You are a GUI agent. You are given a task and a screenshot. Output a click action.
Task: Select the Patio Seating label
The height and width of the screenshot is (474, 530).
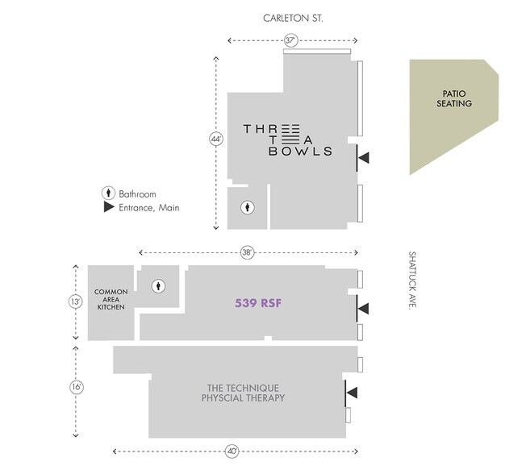pos(454,98)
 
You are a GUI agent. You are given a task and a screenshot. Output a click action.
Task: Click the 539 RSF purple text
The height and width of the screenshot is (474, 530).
pos(257,304)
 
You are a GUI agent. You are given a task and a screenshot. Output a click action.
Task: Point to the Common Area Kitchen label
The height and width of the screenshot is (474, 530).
pos(111,299)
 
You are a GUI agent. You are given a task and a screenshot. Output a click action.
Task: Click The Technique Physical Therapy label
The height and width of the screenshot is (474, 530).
pos(243,393)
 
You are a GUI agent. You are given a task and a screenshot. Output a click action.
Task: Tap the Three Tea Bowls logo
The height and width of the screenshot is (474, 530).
pos(288,139)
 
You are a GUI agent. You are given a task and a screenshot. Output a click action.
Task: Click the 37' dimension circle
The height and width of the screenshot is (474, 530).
pos(291,40)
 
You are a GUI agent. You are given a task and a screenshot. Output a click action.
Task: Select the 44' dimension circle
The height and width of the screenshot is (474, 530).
pos(215,139)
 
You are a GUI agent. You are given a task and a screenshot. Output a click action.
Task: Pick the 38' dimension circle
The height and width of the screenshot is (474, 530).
pos(248,252)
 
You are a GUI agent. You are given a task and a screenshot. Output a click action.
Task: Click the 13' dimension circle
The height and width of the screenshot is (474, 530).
pos(76,301)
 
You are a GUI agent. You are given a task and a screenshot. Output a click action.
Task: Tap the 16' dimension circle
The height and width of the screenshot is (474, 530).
pos(76,388)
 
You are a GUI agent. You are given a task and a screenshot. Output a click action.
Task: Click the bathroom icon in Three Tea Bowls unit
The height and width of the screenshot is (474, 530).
pos(248,207)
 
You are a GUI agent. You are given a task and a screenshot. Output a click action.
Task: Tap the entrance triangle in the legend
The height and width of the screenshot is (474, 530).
pos(107,208)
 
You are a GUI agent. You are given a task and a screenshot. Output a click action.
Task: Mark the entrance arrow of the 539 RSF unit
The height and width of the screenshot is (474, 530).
pos(364,307)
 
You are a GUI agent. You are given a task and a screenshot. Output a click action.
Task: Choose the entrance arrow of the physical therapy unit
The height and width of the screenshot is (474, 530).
pos(352,393)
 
